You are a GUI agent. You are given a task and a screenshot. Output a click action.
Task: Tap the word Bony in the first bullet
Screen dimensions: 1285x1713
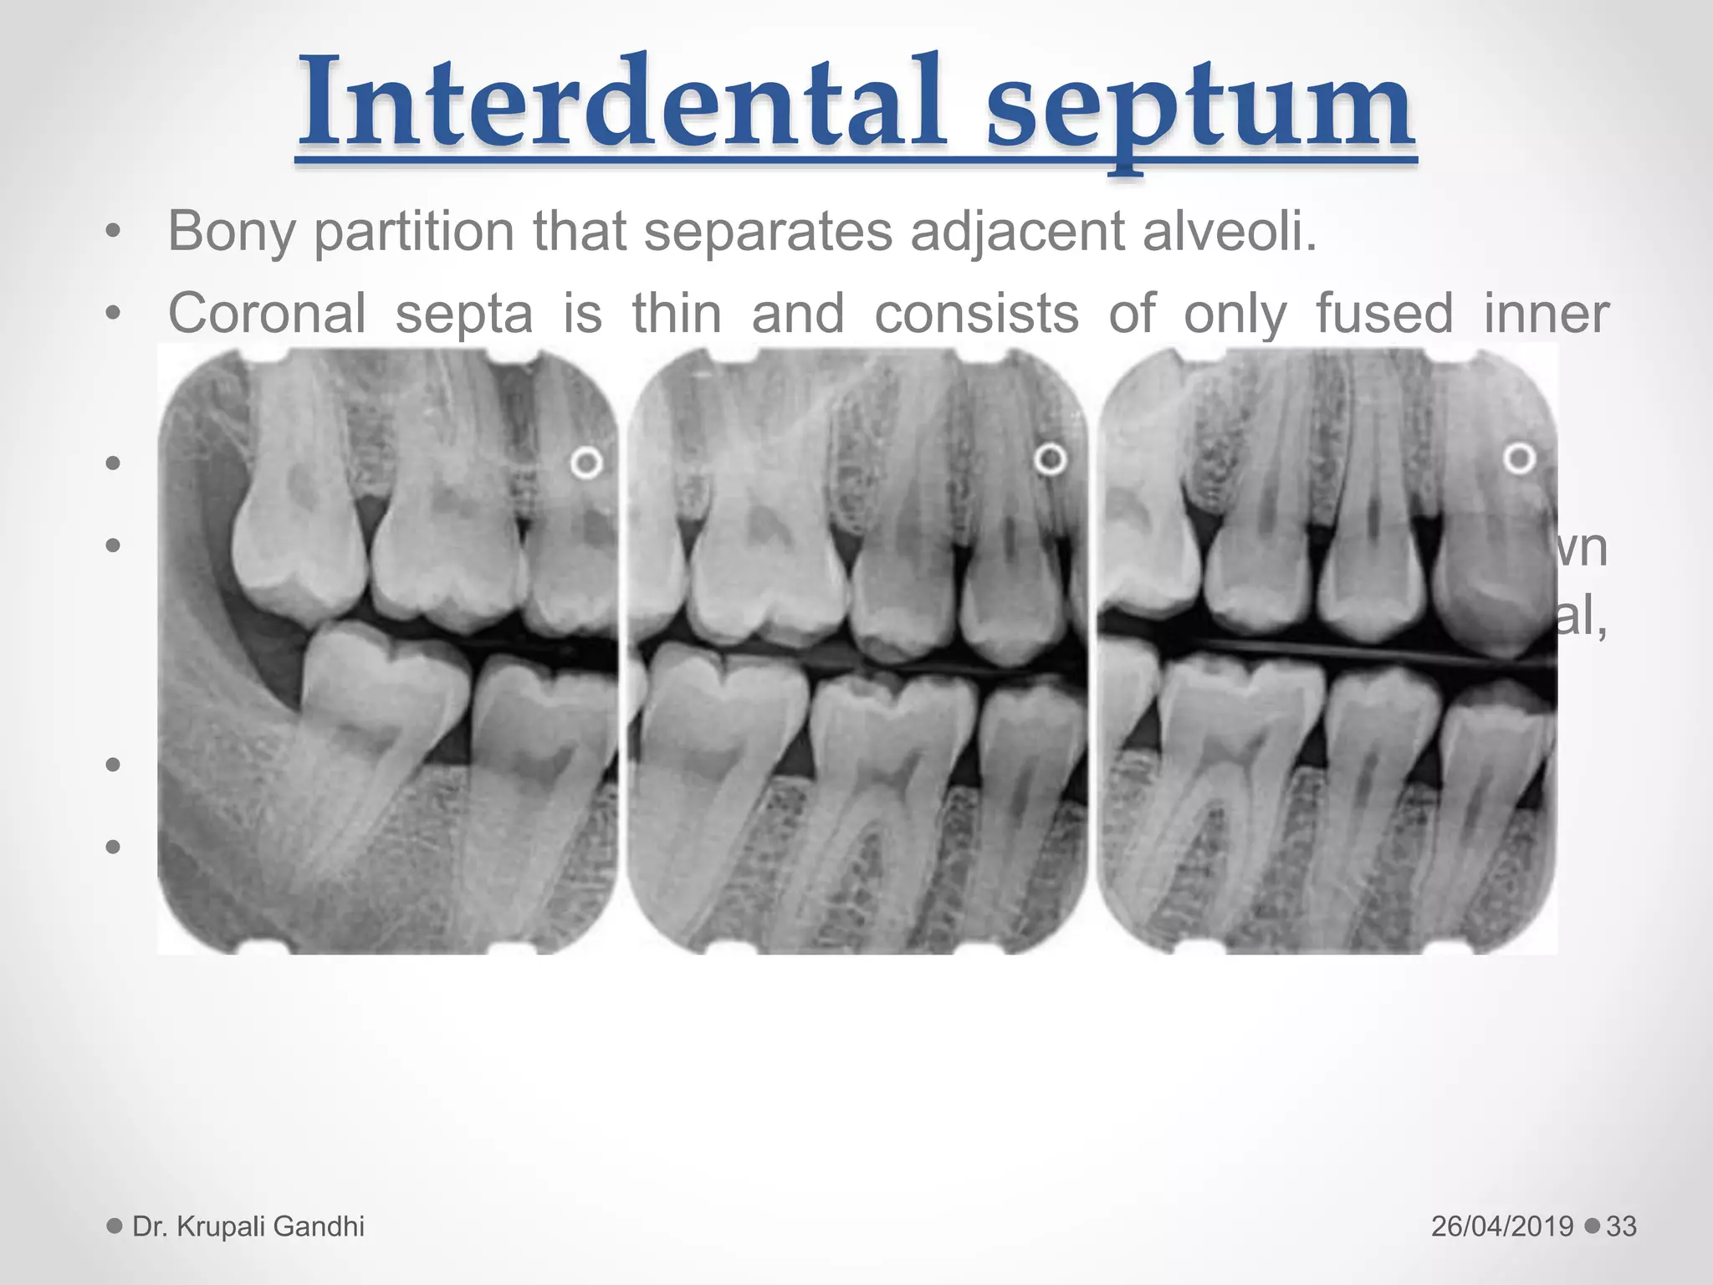click(x=232, y=231)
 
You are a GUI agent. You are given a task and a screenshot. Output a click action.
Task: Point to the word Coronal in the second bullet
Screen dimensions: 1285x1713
click(x=267, y=315)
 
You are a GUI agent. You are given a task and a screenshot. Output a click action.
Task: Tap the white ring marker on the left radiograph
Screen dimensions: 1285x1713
click(x=586, y=463)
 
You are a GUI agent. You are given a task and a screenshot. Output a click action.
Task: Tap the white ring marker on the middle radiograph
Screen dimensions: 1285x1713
click(x=1051, y=459)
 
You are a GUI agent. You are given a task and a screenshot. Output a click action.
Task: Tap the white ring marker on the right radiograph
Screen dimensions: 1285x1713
click(x=1519, y=458)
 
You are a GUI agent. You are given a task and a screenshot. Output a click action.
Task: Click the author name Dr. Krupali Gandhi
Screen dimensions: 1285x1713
click(x=248, y=1226)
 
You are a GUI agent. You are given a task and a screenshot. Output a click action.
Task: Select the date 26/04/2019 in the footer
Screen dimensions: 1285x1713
click(x=1502, y=1226)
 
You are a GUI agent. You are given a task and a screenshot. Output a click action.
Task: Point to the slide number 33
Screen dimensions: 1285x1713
click(x=1621, y=1226)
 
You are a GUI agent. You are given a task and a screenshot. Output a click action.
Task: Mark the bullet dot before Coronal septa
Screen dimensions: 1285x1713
click(x=114, y=315)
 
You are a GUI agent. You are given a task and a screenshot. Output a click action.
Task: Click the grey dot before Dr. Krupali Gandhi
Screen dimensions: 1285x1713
click(x=115, y=1226)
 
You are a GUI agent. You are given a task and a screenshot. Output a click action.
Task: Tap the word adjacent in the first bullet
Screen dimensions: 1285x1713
click(x=1016, y=231)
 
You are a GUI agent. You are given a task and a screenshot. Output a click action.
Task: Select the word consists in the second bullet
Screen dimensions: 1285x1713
click(x=976, y=315)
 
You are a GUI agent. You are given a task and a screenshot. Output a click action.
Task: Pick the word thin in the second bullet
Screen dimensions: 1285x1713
click(x=676, y=315)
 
